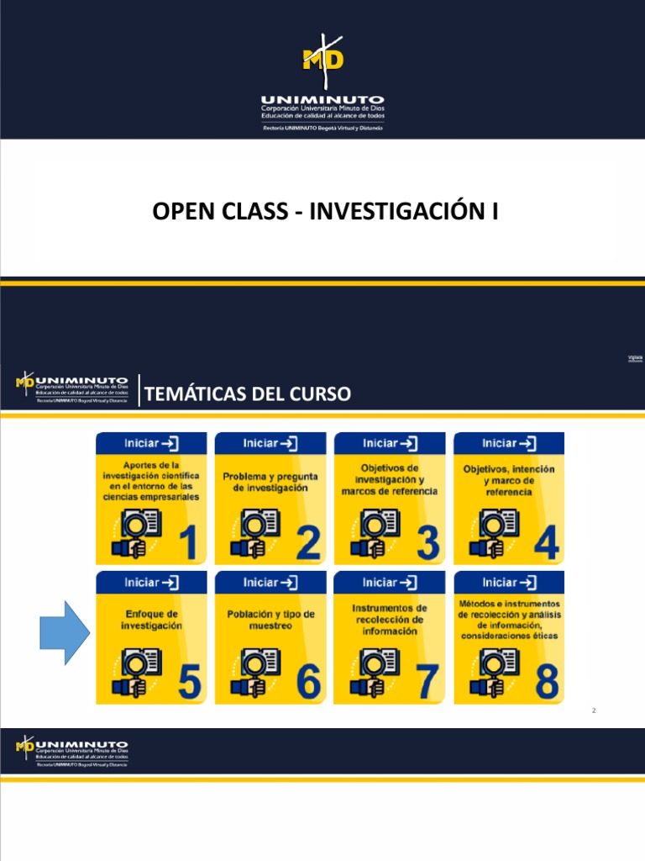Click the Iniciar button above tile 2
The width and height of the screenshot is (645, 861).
[x=270, y=443]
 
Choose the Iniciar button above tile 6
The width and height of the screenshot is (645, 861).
[x=270, y=582]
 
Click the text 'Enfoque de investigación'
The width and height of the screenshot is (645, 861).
[x=151, y=621]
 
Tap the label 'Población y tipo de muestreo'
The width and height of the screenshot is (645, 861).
[x=270, y=620]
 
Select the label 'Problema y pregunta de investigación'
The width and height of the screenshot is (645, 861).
[x=270, y=482]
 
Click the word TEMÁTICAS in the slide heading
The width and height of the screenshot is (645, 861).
[x=191, y=394]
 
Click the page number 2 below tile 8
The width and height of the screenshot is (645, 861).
[x=594, y=711]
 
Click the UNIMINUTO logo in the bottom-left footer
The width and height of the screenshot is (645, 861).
[x=72, y=751]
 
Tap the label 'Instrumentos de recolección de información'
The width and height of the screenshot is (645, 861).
[x=389, y=620]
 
